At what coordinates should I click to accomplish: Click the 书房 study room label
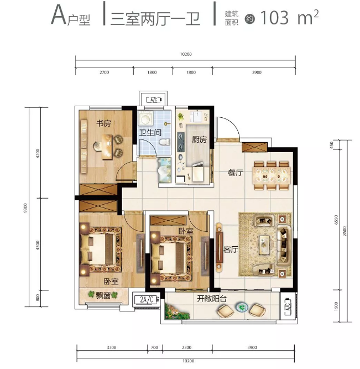pyautogui.click(x=103, y=123)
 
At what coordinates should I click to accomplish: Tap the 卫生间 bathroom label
pyautogui.click(x=150, y=133)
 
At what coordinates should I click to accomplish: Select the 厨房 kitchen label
pyautogui.click(x=199, y=139)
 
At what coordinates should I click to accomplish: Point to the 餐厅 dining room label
pyautogui.click(x=235, y=173)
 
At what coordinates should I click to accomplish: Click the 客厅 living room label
pyautogui.click(x=231, y=250)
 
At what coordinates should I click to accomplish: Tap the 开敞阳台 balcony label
pyautogui.click(x=212, y=299)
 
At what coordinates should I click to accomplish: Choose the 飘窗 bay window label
pyautogui.click(x=103, y=295)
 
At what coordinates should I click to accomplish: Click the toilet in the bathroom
pyautogui.click(x=165, y=142)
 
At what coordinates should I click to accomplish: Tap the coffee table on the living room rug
pyautogui.click(x=264, y=245)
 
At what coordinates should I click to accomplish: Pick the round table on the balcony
pyautogui.click(x=242, y=307)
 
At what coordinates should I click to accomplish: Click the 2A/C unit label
pyautogui.click(x=147, y=300)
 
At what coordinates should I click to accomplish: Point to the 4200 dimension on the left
pyautogui.click(x=38, y=153)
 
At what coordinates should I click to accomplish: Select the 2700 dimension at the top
pyautogui.click(x=104, y=72)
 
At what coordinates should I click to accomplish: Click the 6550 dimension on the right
pyautogui.click(x=336, y=220)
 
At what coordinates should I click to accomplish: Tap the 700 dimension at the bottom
pyautogui.click(x=154, y=347)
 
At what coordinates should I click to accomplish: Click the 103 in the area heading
pyautogui.click(x=275, y=18)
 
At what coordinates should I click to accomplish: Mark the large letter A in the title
pyautogui.click(x=59, y=15)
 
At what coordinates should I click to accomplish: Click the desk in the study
pyautogui.click(x=107, y=147)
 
